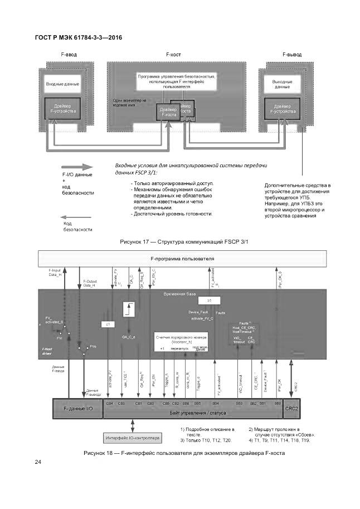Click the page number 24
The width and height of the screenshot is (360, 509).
pos(38,462)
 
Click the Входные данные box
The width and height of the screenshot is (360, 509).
pos(62,84)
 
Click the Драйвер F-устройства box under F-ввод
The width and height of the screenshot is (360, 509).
pos(62,108)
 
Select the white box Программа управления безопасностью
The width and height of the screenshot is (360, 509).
pos(177,81)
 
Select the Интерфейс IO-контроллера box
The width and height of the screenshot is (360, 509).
pos(132,438)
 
